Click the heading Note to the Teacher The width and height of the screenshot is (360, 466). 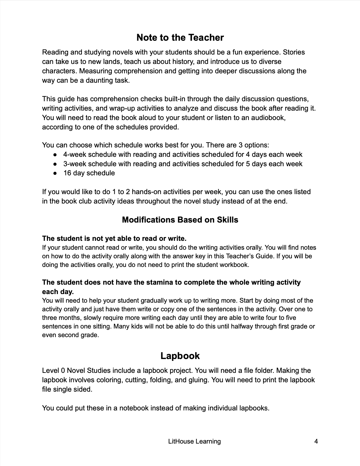click(x=180, y=38)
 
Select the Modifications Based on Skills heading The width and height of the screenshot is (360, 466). click(x=180, y=220)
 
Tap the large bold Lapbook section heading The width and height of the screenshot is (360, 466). click(x=180, y=356)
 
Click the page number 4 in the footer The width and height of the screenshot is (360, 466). click(x=316, y=441)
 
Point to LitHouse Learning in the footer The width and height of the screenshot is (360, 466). click(x=195, y=441)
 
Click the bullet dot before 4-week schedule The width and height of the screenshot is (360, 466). click(x=55, y=154)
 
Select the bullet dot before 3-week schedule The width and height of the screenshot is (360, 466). click(x=55, y=164)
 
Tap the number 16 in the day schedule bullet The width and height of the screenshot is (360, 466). click(x=67, y=173)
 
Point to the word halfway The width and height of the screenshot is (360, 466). click(x=235, y=326)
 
